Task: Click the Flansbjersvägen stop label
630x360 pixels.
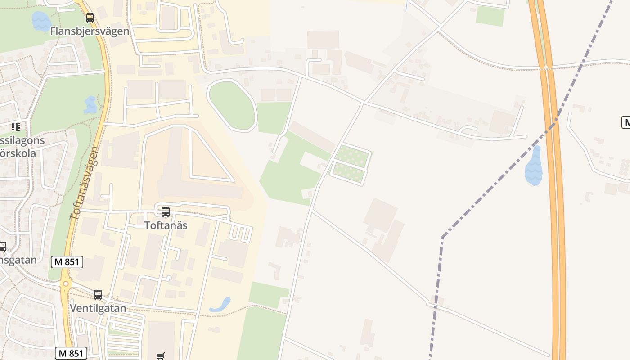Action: [x=90, y=31]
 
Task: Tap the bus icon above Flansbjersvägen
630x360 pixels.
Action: [x=90, y=18]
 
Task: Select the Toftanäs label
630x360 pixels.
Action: [x=166, y=225]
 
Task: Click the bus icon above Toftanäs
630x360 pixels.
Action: [x=166, y=211]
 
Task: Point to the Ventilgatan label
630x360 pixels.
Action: [x=98, y=309]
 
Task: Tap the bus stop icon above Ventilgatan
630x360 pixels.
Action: [x=98, y=295]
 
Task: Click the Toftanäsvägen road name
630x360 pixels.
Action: [x=85, y=183]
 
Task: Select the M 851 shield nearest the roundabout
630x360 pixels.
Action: [x=67, y=262]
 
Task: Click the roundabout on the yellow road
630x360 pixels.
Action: [x=66, y=284]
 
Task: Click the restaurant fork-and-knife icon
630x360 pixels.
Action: [x=16, y=127]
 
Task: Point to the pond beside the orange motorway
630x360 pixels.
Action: [x=534, y=166]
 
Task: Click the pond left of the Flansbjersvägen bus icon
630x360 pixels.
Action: [x=41, y=21]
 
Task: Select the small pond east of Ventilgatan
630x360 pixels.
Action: [x=220, y=305]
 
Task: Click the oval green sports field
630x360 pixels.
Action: [x=232, y=106]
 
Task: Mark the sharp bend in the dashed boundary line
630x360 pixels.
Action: [x=443, y=237]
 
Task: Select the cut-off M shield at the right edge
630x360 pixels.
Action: [x=625, y=122]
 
